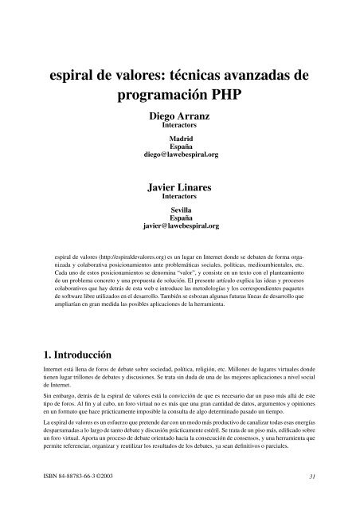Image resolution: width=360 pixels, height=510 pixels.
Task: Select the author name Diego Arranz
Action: point(179,116)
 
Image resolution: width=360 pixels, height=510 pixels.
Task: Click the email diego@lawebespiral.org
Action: point(179,155)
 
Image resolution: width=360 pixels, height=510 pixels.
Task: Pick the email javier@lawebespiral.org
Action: point(179,226)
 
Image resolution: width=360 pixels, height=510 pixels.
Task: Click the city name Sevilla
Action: point(179,210)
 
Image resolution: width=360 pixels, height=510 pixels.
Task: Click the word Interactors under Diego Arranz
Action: point(179,125)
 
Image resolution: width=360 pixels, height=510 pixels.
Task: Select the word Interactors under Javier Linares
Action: point(179,196)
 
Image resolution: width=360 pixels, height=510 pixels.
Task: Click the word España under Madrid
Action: point(179,147)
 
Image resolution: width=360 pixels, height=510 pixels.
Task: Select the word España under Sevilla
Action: point(179,218)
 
